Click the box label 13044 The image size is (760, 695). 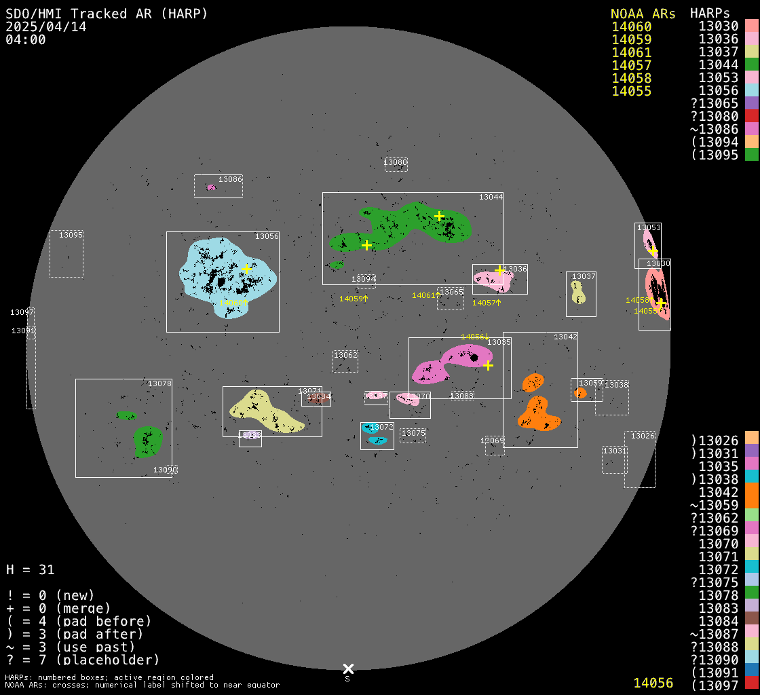[x=491, y=197]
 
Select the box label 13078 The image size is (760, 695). [x=159, y=383]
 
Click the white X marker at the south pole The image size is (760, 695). [x=348, y=669]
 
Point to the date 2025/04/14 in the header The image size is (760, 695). [x=45, y=26]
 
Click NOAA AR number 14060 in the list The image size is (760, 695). [x=631, y=27]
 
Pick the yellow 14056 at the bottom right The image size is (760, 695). [x=653, y=683]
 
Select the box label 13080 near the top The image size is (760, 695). [x=395, y=163]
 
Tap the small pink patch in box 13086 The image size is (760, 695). [x=211, y=187]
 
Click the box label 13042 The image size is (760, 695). [x=565, y=337]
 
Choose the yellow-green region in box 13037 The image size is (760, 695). [x=578, y=293]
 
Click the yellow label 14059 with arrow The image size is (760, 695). [x=353, y=299]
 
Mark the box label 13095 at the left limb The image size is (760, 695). [x=71, y=235]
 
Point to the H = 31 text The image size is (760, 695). [x=30, y=569]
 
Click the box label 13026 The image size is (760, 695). [x=643, y=436]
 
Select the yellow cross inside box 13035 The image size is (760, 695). [x=488, y=365]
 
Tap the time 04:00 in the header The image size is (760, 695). [x=26, y=39]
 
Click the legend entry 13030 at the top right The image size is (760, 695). [x=718, y=26]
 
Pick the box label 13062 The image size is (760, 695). [x=345, y=355]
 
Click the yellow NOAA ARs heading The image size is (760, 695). [x=643, y=14]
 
